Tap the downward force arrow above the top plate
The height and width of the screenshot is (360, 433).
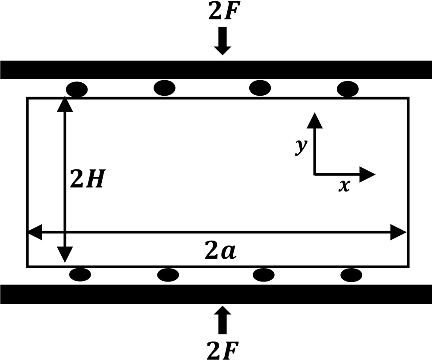[x=222, y=41]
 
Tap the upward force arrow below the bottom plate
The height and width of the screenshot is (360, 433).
[x=222, y=319]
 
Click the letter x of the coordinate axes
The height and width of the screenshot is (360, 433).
[x=344, y=186]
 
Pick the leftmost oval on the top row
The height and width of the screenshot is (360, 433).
[x=77, y=90]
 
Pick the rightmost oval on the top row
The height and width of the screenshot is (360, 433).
[x=348, y=90]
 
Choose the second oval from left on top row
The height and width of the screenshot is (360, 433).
[x=164, y=88]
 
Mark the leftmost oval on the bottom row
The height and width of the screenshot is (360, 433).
[x=80, y=274]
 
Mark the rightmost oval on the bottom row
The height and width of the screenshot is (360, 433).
[x=351, y=274]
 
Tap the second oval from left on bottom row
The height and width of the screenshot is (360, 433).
[x=168, y=274]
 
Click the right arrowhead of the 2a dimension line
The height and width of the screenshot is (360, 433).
[x=398, y=233]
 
